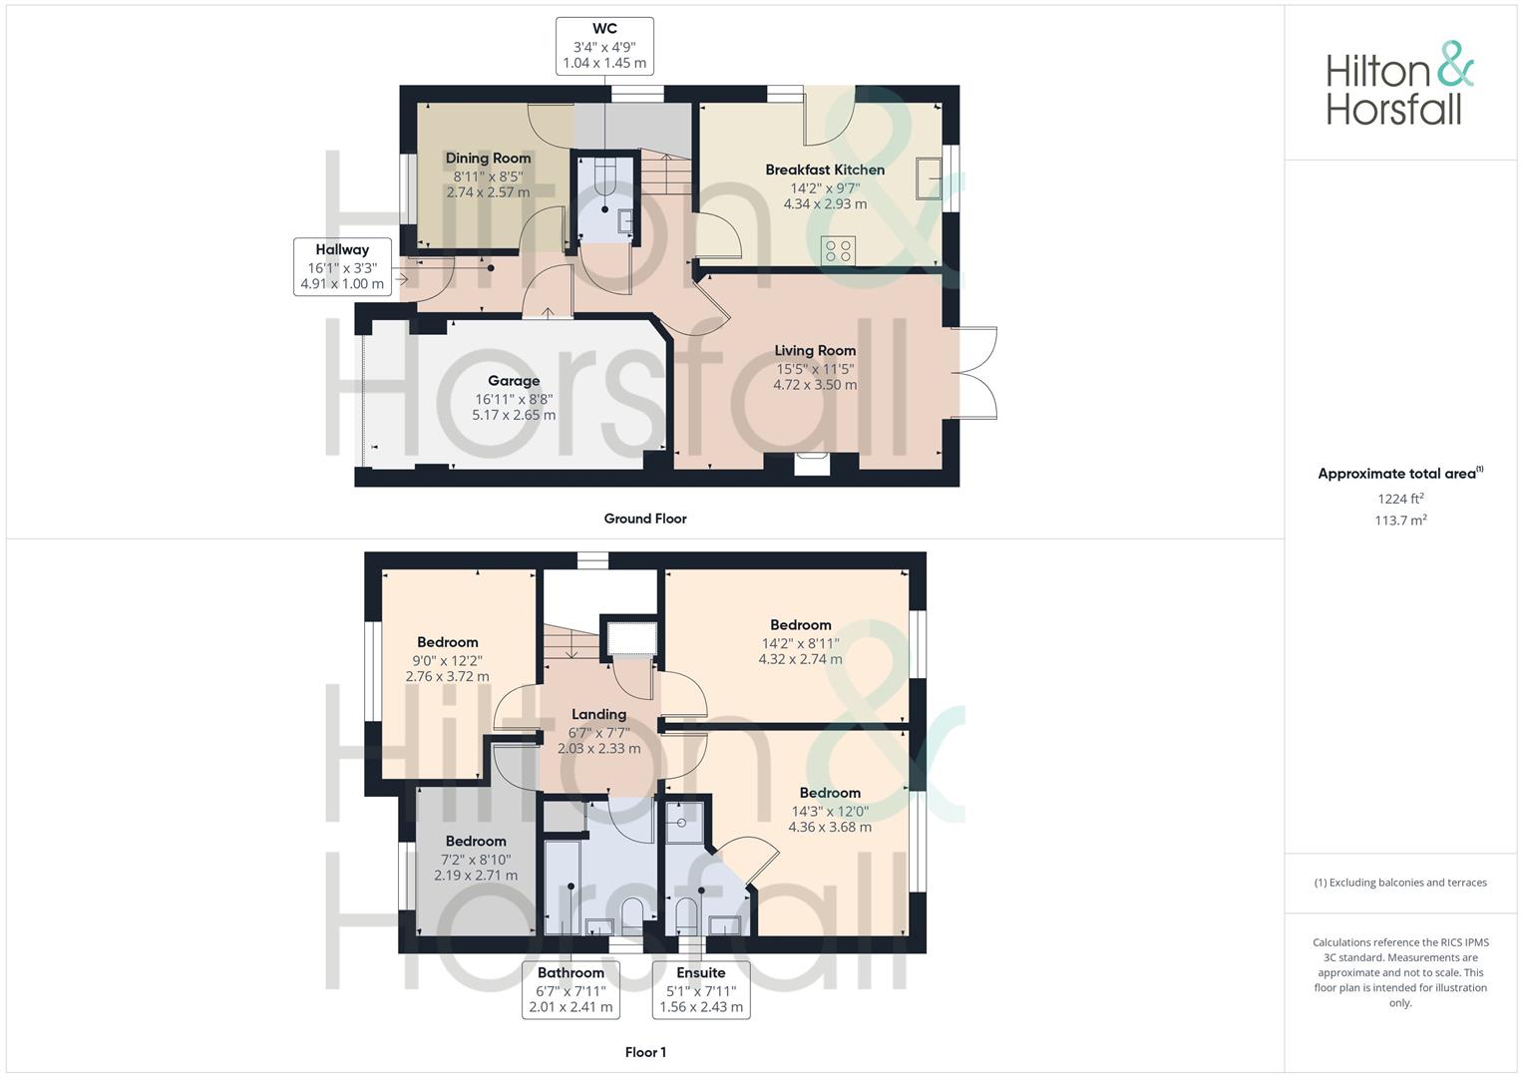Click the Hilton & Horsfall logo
(1398, 84)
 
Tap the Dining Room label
(488, 158)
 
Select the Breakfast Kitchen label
(825, 170)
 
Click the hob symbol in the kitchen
(838, 250)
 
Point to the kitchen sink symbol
(929, 178)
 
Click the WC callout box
(604, 46)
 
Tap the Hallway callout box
(342, 266)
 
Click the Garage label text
(514, 380)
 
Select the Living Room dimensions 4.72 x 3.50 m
(815, 385)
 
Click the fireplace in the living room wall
(812, 463)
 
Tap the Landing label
(598, 714)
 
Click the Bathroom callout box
(571, 989)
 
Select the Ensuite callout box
(701, 989)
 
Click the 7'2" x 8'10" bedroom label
(476, 841)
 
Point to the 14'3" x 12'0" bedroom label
(830, 793)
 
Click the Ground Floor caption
(645, 519)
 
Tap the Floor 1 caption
(645, 1052)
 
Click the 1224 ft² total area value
(1400, 499)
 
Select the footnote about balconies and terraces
(1400, 883)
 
